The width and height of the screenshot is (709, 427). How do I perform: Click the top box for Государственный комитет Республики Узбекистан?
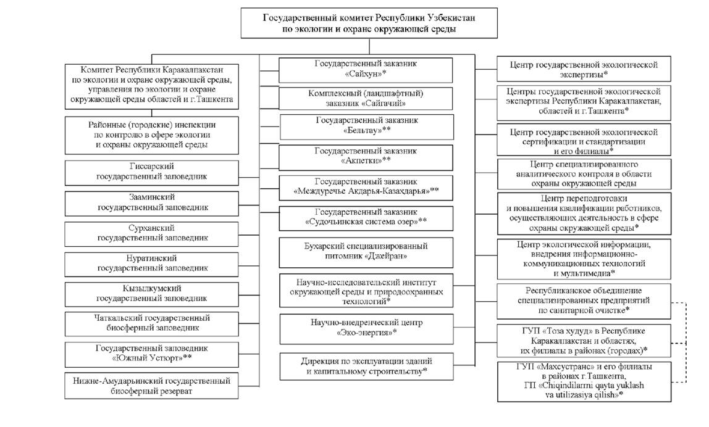(369, 23)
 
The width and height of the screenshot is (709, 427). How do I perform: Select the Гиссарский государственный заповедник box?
(151, 173)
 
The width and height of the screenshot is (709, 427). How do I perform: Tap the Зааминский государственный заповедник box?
(151, 204)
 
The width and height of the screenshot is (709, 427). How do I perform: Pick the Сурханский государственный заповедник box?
(151, 234)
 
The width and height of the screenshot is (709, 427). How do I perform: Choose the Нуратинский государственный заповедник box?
(151, 264)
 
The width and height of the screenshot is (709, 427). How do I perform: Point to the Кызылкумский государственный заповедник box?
(151, 294)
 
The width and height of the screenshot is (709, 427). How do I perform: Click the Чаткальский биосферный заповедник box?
(151, 324)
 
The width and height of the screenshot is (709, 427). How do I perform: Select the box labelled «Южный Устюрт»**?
(151, 354)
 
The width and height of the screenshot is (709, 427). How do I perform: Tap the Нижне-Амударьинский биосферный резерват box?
(151, 386)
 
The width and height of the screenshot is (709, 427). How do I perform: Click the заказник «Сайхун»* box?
(366, 70)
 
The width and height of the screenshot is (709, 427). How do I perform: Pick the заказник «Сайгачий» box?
(366, 99)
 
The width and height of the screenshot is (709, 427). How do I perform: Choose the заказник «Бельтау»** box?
(367, 127)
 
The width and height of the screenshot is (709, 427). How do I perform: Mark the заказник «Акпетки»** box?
(366, 157)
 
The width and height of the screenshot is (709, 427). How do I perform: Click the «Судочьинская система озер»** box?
(366, 218)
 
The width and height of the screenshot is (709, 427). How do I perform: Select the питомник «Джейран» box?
(366, 252)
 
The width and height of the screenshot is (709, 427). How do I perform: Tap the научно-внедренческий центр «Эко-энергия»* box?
(366, 329)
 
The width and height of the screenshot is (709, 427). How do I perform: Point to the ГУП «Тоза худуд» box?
(584, 341)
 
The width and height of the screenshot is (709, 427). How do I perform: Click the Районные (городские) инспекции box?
(151, 135)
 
